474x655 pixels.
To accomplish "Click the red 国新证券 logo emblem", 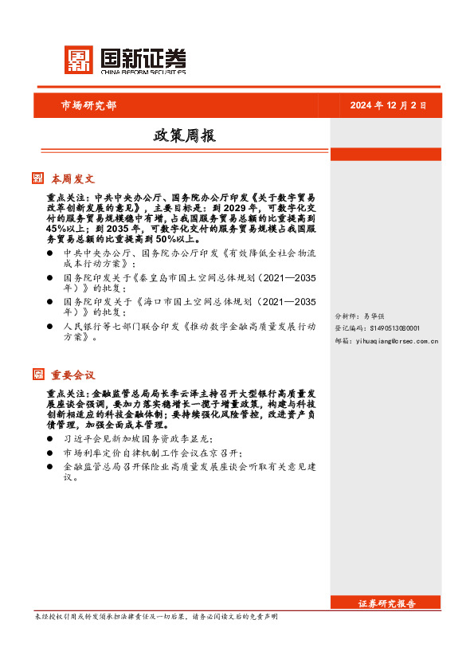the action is (79, 60).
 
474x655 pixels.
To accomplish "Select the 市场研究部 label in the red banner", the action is (88, 105).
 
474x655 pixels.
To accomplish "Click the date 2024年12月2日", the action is (389, 105).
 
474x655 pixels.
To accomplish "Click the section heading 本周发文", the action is (73, 179).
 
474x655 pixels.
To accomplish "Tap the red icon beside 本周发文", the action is (38, 178).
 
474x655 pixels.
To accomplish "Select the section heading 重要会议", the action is (73, 375).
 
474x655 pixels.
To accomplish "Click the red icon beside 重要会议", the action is (38, 374).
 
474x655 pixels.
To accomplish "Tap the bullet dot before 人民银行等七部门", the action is (51, 327).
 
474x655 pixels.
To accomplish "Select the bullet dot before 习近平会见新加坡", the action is (51, 439).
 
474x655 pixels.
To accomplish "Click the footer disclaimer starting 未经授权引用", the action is (156, 617).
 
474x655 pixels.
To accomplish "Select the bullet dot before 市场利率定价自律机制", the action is (51, 452).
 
